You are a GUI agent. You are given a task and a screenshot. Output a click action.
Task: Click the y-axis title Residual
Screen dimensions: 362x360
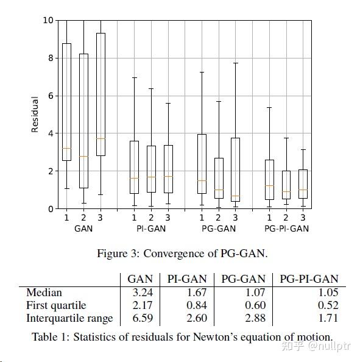coord(35,115)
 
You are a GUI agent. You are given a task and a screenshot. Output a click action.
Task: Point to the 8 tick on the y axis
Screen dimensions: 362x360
coord(49,58)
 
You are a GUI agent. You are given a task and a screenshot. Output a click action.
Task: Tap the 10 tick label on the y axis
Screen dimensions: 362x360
coord(48,20)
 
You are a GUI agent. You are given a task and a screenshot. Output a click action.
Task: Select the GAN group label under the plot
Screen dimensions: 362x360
coord(83,229)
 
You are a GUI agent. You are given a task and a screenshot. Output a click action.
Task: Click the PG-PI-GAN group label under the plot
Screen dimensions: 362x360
coord(286,229)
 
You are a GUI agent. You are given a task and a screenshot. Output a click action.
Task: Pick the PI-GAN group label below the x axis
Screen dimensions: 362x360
coord(151,229)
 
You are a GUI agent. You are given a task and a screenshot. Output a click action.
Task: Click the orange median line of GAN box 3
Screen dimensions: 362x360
coord(101,138)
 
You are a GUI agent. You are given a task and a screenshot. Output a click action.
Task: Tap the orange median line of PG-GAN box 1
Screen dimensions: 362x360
coord(202,181)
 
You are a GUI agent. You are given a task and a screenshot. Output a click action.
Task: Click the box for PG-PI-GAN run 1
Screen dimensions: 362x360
coord(269,180)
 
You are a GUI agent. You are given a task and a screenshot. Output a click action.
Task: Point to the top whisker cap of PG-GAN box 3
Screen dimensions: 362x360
coord(235,63)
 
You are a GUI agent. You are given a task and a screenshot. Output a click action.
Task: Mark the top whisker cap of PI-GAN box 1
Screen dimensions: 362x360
coord(134,77)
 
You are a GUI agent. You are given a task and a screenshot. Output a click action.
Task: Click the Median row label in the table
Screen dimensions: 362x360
coord(44,293)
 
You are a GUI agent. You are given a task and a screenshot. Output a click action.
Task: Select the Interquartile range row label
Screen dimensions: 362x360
coord(69,318)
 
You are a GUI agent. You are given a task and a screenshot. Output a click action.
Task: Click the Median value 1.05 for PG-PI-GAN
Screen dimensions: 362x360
coord(326,293)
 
